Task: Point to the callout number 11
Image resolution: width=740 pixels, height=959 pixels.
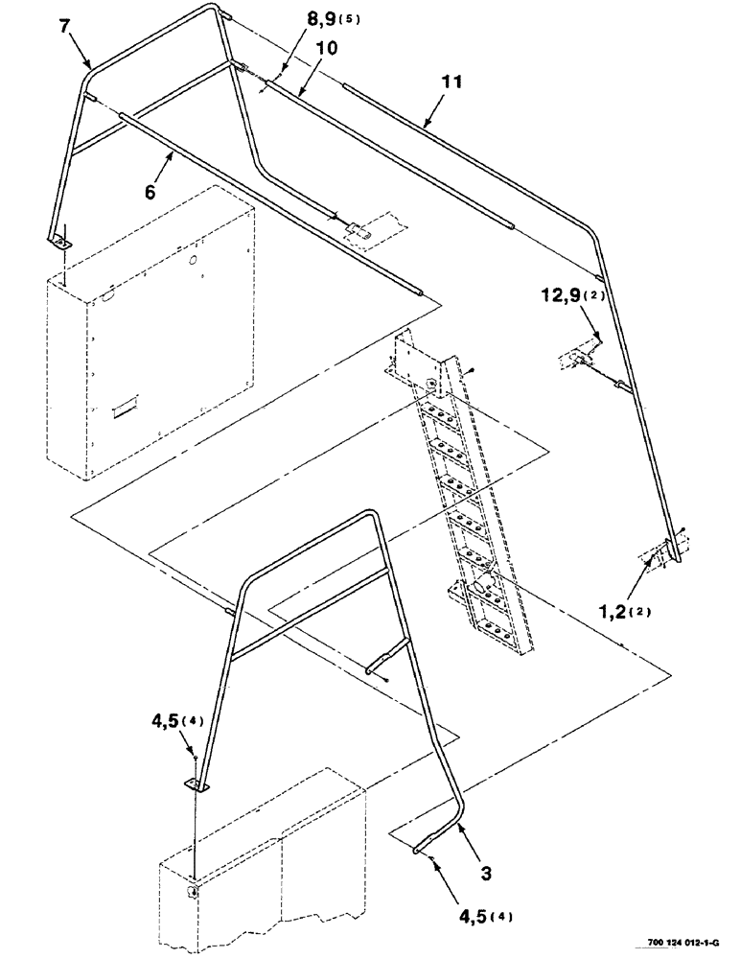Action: [451, 83]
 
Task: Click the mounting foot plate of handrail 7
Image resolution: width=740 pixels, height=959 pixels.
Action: [60, 239]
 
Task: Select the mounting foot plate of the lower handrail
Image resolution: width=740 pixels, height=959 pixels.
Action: [196, 785]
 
